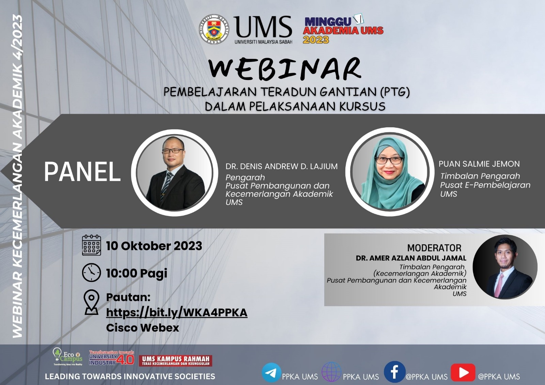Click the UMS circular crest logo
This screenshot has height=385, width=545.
(x=214, y=29)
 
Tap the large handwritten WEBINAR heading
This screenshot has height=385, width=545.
(x=285, y=69)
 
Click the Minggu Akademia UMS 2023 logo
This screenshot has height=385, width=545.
(x=343, y=29)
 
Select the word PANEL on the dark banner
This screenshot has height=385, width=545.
(x=82, y=172)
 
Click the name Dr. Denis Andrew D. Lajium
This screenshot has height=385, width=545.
(x=281, y=166)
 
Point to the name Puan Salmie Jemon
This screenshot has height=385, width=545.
(x=479, y=164)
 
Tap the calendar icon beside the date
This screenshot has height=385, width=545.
(x=92, y=245)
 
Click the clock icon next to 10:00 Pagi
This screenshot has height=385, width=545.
(x=92, y=273)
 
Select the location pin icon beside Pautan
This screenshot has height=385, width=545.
(x=91, y=303)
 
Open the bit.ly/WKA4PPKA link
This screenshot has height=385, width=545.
(x=177, y=312)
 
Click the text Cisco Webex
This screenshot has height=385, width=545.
(x=143, y=327)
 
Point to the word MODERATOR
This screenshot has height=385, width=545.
(x=434, y=248)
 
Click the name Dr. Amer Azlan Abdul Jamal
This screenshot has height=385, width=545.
(x=411, y=258)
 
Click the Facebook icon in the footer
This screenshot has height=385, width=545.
(x=395, y=372)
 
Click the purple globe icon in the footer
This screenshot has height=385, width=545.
(x=331, y=372)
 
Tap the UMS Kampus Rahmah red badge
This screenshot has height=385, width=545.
(x=175, y=361)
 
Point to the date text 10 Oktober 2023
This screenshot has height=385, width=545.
(x=154, y=246)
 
